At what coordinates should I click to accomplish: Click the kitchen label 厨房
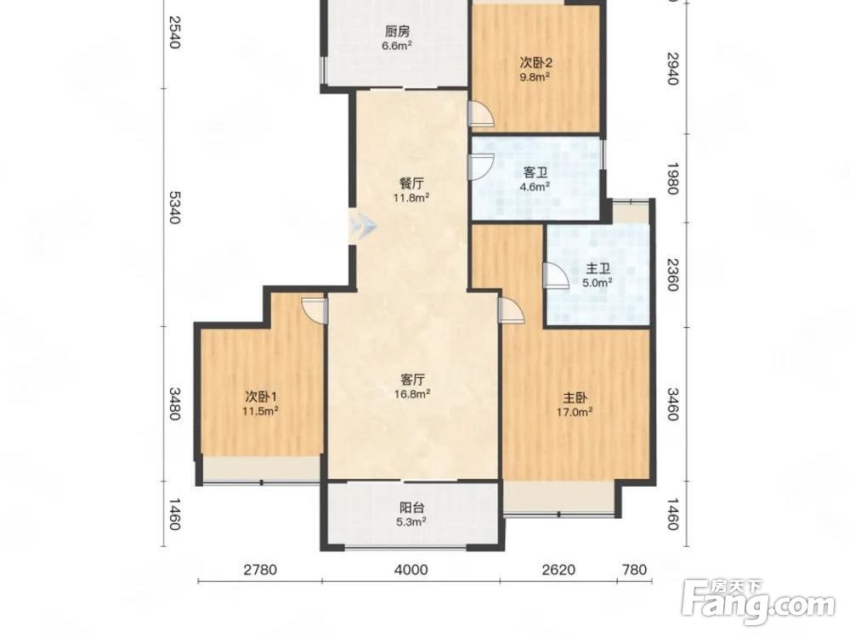click(x=397, y=31)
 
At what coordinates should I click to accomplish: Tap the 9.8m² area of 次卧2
click(x=535, y=76)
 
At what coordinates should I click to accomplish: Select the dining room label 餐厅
click(x=411, y=183)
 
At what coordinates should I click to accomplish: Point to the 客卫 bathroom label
click(x=535, y=172)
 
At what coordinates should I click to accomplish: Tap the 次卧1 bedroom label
click(x=261, y=397)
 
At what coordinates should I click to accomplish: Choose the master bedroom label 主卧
click(x=575, y=398)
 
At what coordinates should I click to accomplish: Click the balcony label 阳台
click(x=412, y=508)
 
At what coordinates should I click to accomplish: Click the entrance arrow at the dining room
click(x=362, y=225)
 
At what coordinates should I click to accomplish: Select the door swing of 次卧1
click(x=314, y=310)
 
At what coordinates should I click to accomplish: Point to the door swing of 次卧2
click(x=481, y=114)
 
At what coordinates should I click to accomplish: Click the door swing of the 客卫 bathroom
click(x=481, y=166)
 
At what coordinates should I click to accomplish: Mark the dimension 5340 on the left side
click(x=174, y=207)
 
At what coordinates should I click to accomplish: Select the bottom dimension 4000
click(x=411, y=569)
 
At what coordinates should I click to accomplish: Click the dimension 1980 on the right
click(x=672, y=178)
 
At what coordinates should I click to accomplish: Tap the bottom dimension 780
click(x=635, y=569)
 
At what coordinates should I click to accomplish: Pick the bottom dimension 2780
click(x=260, y=569)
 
